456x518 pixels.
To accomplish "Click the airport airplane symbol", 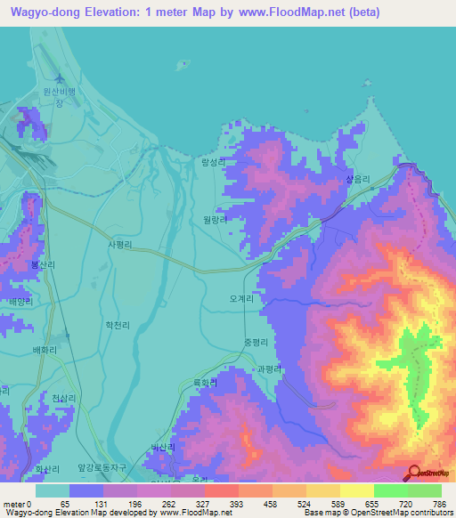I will point(61,79).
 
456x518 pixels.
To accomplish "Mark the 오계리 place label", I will point(242,300).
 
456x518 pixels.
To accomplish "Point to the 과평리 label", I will point(267,368).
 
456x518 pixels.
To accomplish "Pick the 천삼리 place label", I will point(64,398).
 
